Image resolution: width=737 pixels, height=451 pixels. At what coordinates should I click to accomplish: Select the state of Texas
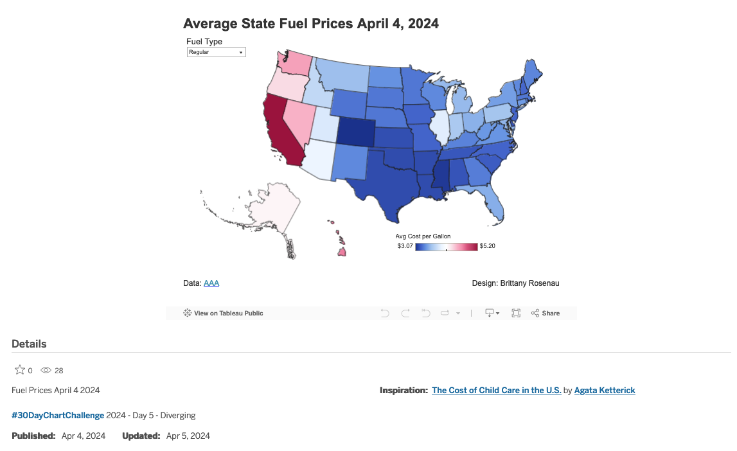(386, 183)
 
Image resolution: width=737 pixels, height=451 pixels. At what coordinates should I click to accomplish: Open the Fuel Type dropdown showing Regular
(216, 52)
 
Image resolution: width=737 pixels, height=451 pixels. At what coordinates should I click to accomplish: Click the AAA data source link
(211, 283)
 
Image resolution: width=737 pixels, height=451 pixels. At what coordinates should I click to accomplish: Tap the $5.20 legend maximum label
(488, 246)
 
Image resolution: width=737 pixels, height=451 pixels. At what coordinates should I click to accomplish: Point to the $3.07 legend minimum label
(405, 246)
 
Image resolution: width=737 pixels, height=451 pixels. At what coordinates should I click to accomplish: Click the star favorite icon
(20, 370)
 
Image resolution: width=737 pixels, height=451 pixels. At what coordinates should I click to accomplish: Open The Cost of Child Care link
(496, 391)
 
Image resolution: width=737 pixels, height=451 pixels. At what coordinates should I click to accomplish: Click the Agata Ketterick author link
(605, 391)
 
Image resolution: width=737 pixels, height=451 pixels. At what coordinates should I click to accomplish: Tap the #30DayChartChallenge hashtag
(58, 416)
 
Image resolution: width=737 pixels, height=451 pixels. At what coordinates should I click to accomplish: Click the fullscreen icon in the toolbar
(516, 314)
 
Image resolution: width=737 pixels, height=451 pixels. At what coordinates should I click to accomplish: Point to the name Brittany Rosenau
(531, 283)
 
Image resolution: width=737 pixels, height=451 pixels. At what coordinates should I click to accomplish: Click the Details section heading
(29, 344)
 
